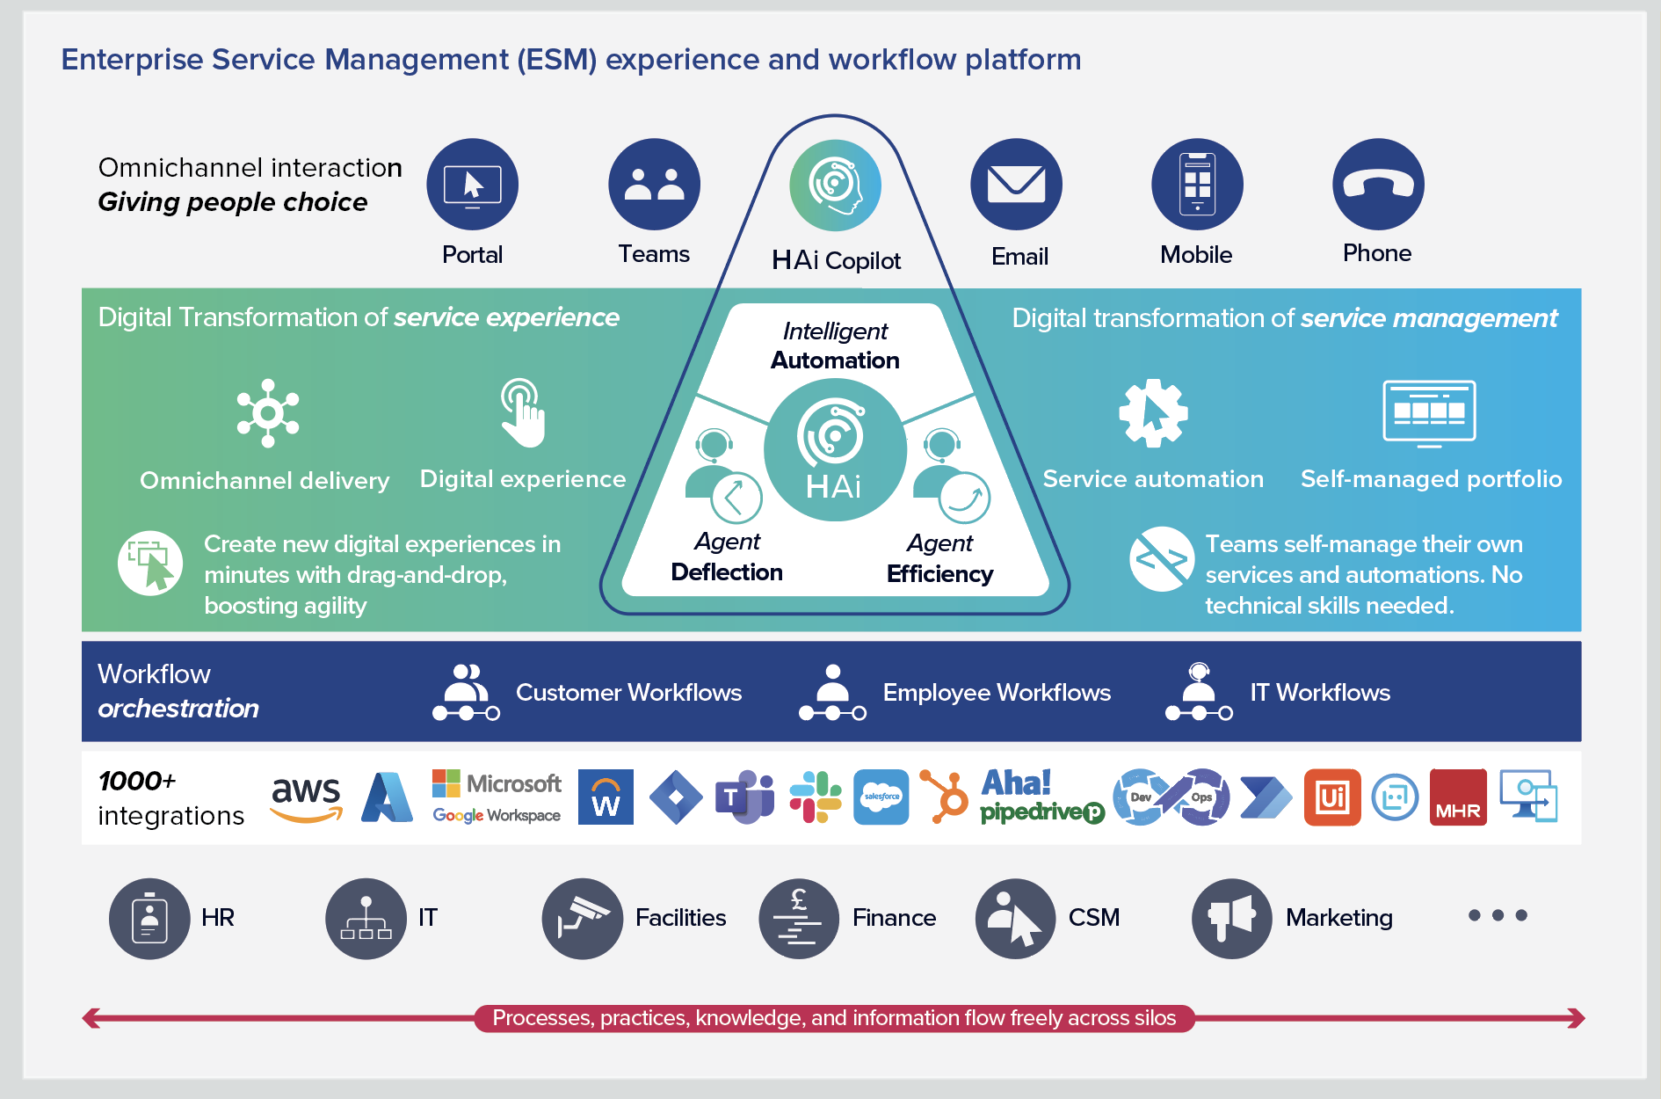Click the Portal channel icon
click(x=472, y=185)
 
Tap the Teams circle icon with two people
click(x=654, y=185)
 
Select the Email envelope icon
click(x=1016, y=185)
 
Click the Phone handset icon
click(x=1377, y=185)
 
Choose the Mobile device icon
click(x=1197, y=185)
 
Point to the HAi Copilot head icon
click(x=835, y=186)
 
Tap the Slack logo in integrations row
click(x=815, y=797)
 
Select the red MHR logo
click(x=1458, y=797)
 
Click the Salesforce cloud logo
click(x=881, y=797)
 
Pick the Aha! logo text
click(x=1016, y=782)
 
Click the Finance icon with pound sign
click(x=799, y=919)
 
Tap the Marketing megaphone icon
click(x=1231, y=919)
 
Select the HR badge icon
click(x=149, y=919)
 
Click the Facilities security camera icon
click(x=582, y=919)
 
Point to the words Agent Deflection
click(x=727, y=557)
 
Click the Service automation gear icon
click(x=1152, y=412)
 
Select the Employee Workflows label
click(x=997, y=693)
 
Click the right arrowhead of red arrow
click(x=1578, y=1018)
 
